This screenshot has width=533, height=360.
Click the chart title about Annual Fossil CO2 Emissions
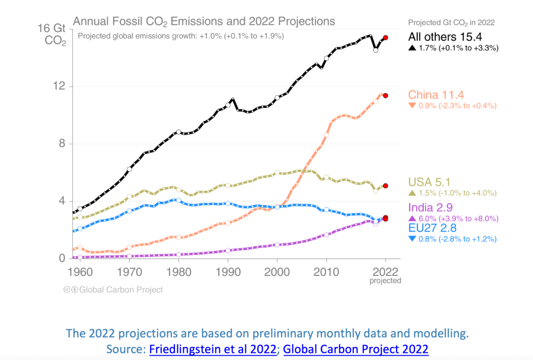[203, 22]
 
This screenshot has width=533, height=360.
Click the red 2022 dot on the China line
[385, 95]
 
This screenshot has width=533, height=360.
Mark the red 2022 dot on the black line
[385, 37]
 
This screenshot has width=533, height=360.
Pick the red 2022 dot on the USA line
[385, 186]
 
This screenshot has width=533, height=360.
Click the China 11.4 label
[436, 94]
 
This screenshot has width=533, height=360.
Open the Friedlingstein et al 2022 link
[212, 349]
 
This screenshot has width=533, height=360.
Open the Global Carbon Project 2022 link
[356, 349]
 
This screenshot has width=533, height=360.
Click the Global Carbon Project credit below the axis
[113, 290]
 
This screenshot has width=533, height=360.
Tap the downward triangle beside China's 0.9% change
[411, 106]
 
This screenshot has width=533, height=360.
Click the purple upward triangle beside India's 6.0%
[411, 218]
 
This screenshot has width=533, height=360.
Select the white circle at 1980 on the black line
[178, 132]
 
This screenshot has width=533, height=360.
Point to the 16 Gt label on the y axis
[51, 28]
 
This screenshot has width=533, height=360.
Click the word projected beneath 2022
[385, 281]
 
